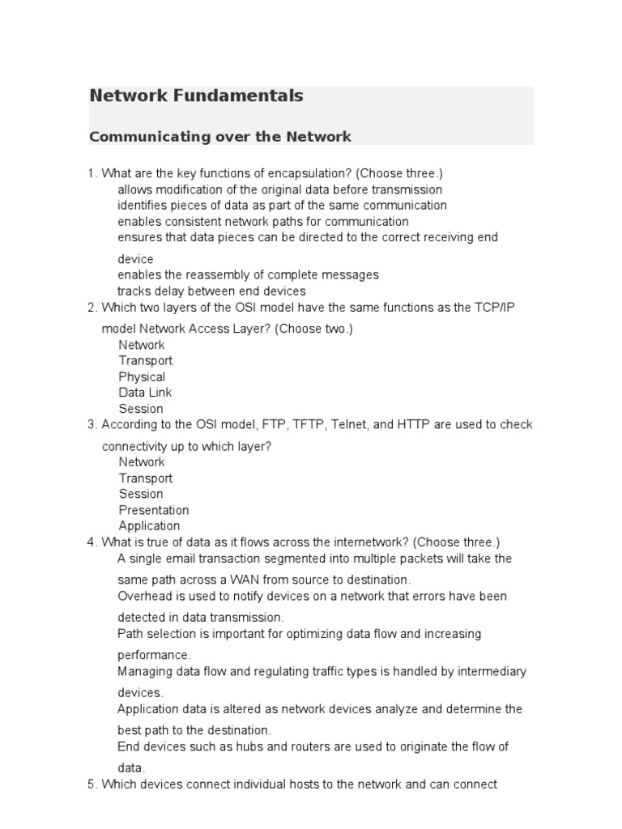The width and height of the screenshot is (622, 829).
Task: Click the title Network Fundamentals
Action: click(x=196, y=96)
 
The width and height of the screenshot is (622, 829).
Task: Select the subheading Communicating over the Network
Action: click(x=220, y=137)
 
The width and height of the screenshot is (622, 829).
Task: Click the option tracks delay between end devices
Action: click(x=211, y=291)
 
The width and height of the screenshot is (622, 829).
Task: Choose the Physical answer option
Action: click(x=142, y=376)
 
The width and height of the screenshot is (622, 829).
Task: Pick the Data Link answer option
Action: click(x=145, y=393)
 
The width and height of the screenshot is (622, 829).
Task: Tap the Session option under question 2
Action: click(x=141, y=409)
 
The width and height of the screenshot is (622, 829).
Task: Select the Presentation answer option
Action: click(x=154, y=510)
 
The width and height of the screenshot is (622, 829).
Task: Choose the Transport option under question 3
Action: click(x=146, y=478)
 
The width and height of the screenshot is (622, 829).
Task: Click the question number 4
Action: click(x=92, y=542)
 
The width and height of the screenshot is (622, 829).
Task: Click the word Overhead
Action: click(x=144, y=596)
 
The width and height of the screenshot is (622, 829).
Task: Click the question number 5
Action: click(x=92, y=784)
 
